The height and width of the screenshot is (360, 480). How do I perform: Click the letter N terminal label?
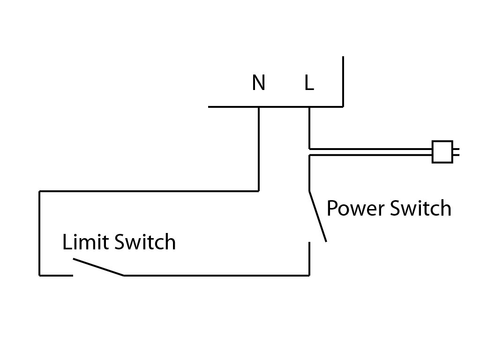258,83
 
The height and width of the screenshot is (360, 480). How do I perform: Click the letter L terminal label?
308,83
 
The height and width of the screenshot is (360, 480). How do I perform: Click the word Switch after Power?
420,208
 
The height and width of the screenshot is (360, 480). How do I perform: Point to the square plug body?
442,152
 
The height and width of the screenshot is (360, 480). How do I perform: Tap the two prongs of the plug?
456,152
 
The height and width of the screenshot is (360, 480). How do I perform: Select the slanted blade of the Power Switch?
317,216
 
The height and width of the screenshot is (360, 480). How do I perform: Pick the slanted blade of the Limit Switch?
98,267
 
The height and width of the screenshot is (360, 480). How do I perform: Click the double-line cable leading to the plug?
370,152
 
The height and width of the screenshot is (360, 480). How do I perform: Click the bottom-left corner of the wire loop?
39,275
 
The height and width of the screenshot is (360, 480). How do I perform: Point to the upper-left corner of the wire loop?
39,191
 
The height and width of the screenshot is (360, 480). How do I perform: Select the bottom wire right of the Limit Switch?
216,275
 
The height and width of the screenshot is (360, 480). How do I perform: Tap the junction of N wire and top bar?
258,107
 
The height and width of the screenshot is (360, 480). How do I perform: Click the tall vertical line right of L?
343,82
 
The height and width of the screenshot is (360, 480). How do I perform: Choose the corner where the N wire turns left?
258,191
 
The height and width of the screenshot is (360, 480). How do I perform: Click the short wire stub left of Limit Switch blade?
56,275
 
